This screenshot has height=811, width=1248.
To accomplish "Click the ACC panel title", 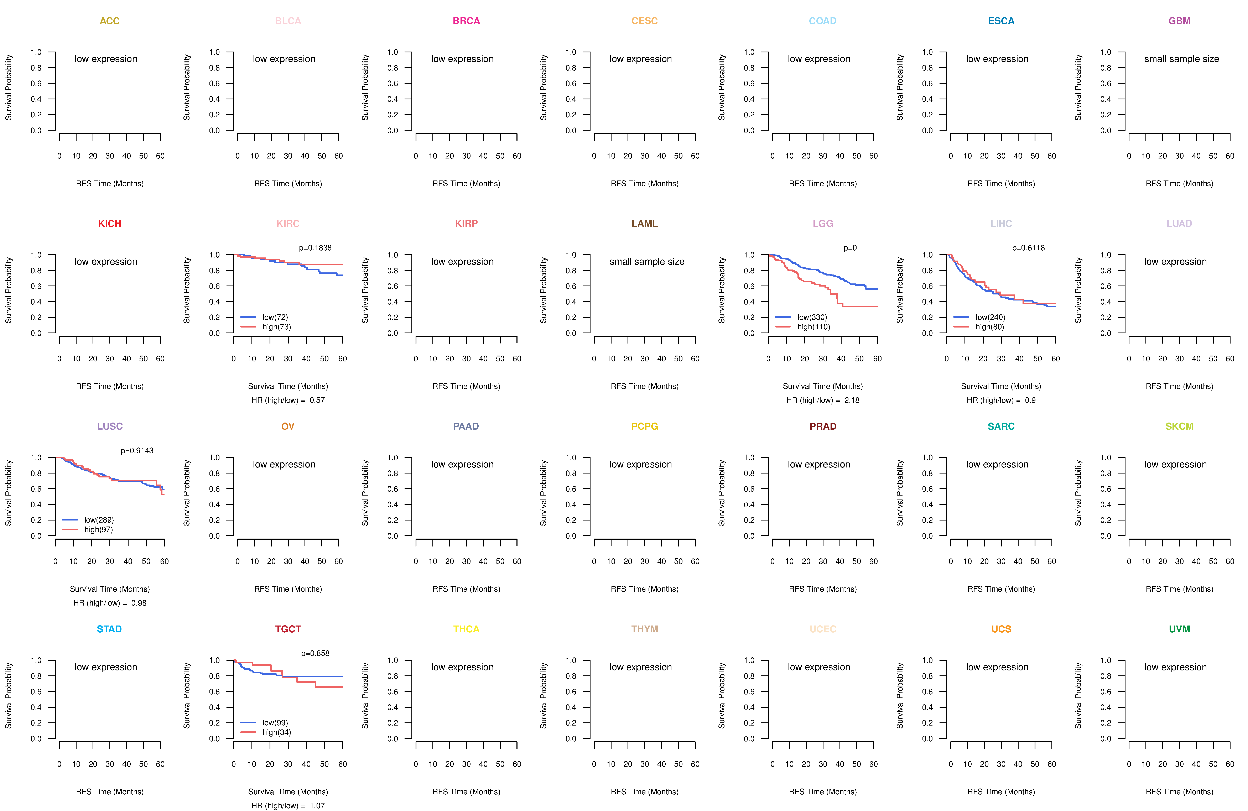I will (110, 21).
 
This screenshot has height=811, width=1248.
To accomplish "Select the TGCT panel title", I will (288, 629).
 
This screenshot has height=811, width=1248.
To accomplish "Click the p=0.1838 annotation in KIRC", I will (315, 248).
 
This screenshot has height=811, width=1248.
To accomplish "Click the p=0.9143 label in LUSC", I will (137, 451).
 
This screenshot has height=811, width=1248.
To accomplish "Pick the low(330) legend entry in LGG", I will (812, 317).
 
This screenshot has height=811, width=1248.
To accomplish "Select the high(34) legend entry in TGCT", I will (276, 732).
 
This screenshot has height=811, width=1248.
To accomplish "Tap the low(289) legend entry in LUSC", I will (99, 520).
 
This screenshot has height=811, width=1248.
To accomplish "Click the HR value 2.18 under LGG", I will (852, 401).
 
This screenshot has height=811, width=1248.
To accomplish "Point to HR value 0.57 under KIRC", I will (317, 401).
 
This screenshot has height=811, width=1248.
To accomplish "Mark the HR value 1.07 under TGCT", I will (317, 806).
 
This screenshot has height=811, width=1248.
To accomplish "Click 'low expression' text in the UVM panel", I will (1175, 667).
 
